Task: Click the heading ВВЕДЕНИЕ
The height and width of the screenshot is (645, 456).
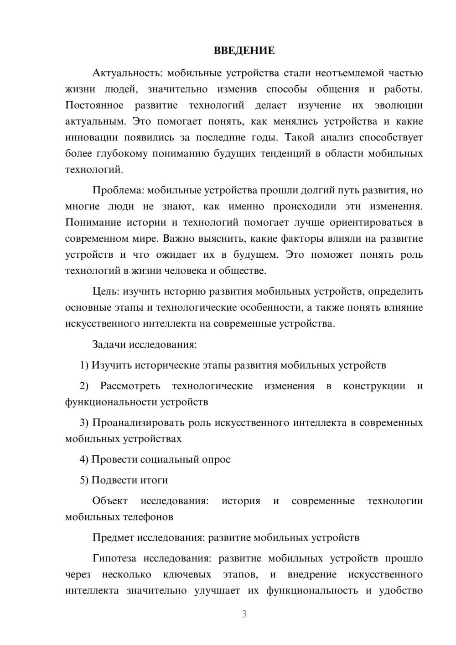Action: pyautogui.click(x=244, y=51)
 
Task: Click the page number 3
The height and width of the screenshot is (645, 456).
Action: pyautogui.click(x=244, y=614)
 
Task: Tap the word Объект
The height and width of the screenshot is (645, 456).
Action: pyautogui.click(x=110, y=500)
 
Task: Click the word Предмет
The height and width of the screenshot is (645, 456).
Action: pyautogui.click(x=112, y=537)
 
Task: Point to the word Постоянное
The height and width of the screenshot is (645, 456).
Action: pyautogui.click(x=94, y=105)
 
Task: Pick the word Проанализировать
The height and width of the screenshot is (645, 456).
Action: pyautogui.click(x=139, y=422)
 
